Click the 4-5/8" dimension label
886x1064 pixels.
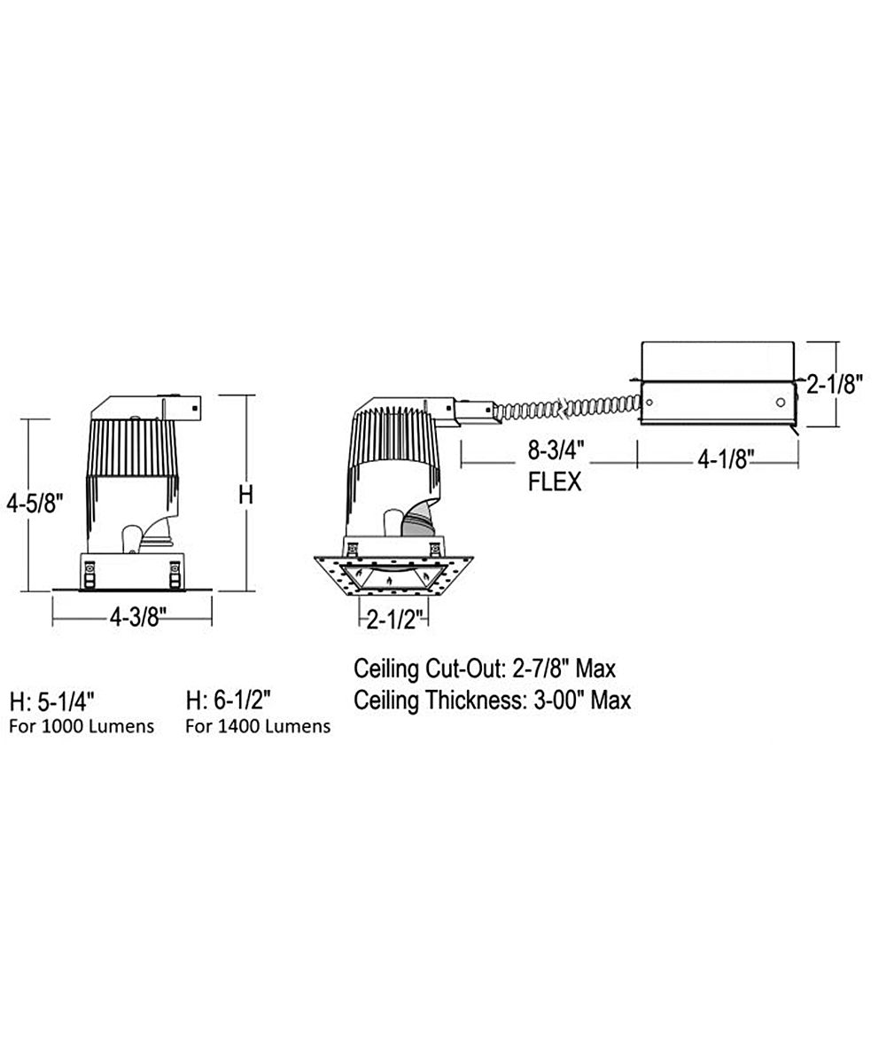[35, 504]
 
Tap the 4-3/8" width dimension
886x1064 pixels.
[138, 619]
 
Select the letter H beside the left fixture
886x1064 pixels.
[246, 495]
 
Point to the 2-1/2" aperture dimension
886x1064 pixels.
[395, 620]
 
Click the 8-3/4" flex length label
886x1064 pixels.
[556, 451]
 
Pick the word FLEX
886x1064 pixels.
[555, 482]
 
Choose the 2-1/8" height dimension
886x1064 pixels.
[835, 385]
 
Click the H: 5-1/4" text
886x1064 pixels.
[52, 701]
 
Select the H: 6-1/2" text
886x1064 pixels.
[228, 700]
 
